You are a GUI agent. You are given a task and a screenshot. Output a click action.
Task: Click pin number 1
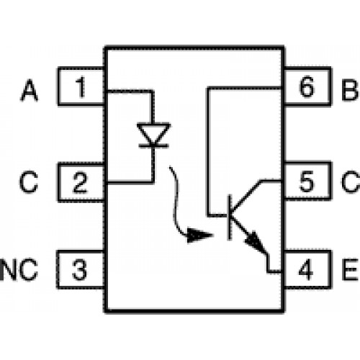coord(81,87)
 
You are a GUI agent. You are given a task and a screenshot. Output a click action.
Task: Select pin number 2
coord(80,182)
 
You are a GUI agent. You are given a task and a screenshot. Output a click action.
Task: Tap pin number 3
coord(79,269)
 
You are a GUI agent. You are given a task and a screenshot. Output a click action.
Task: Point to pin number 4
coord(306,269)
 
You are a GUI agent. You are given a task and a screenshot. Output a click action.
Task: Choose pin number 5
coord(307,181)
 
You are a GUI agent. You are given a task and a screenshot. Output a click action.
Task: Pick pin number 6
coord(306,87)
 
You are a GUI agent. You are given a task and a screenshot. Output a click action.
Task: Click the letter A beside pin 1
coord(30,91)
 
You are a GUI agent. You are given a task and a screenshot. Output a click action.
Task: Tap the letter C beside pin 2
coord(29,181)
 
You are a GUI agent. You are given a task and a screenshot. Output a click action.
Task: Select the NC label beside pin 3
coord(19,269)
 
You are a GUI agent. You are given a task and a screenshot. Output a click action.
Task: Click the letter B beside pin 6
coord(350,91)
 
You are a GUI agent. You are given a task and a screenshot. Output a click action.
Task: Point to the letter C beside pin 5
coord(351,181)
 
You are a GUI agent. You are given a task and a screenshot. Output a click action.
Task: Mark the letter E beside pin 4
coord(351,269)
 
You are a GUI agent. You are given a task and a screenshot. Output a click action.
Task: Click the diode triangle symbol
coord(153,133)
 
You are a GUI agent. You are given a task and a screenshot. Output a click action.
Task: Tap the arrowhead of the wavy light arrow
coord(200,235)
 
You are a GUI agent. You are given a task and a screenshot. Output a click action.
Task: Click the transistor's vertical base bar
coord(230,217)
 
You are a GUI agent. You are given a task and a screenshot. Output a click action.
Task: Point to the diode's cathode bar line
coord(154,145)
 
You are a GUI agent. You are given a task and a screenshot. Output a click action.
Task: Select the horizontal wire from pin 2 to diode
coord(130,183)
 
